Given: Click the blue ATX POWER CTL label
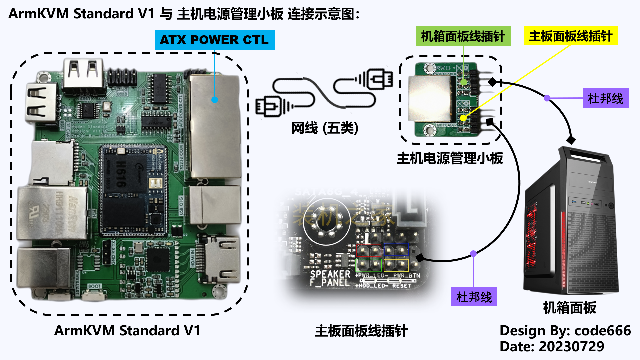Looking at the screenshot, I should point(214,40).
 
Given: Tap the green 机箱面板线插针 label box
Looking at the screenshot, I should point(463,36).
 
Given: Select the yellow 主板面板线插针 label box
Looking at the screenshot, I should point(571,36).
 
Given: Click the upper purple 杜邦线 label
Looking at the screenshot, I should point(605,98).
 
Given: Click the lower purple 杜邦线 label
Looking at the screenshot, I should point(474,297).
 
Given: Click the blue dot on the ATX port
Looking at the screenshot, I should point(215,100).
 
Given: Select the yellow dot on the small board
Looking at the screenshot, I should point(463,118).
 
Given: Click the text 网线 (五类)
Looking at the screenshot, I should point(325,128).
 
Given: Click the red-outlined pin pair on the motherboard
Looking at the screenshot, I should point(368,250).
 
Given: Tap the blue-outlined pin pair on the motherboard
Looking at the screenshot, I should point(396,250).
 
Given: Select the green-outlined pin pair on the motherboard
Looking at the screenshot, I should point(368,265).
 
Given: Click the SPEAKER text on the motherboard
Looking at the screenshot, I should point(330,274).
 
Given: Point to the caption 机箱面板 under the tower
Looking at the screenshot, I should point(569,307).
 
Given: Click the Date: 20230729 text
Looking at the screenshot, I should point(552,346).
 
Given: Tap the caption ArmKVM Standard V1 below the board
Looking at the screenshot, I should point(127,331).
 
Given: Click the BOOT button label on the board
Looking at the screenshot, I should point(94,286).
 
